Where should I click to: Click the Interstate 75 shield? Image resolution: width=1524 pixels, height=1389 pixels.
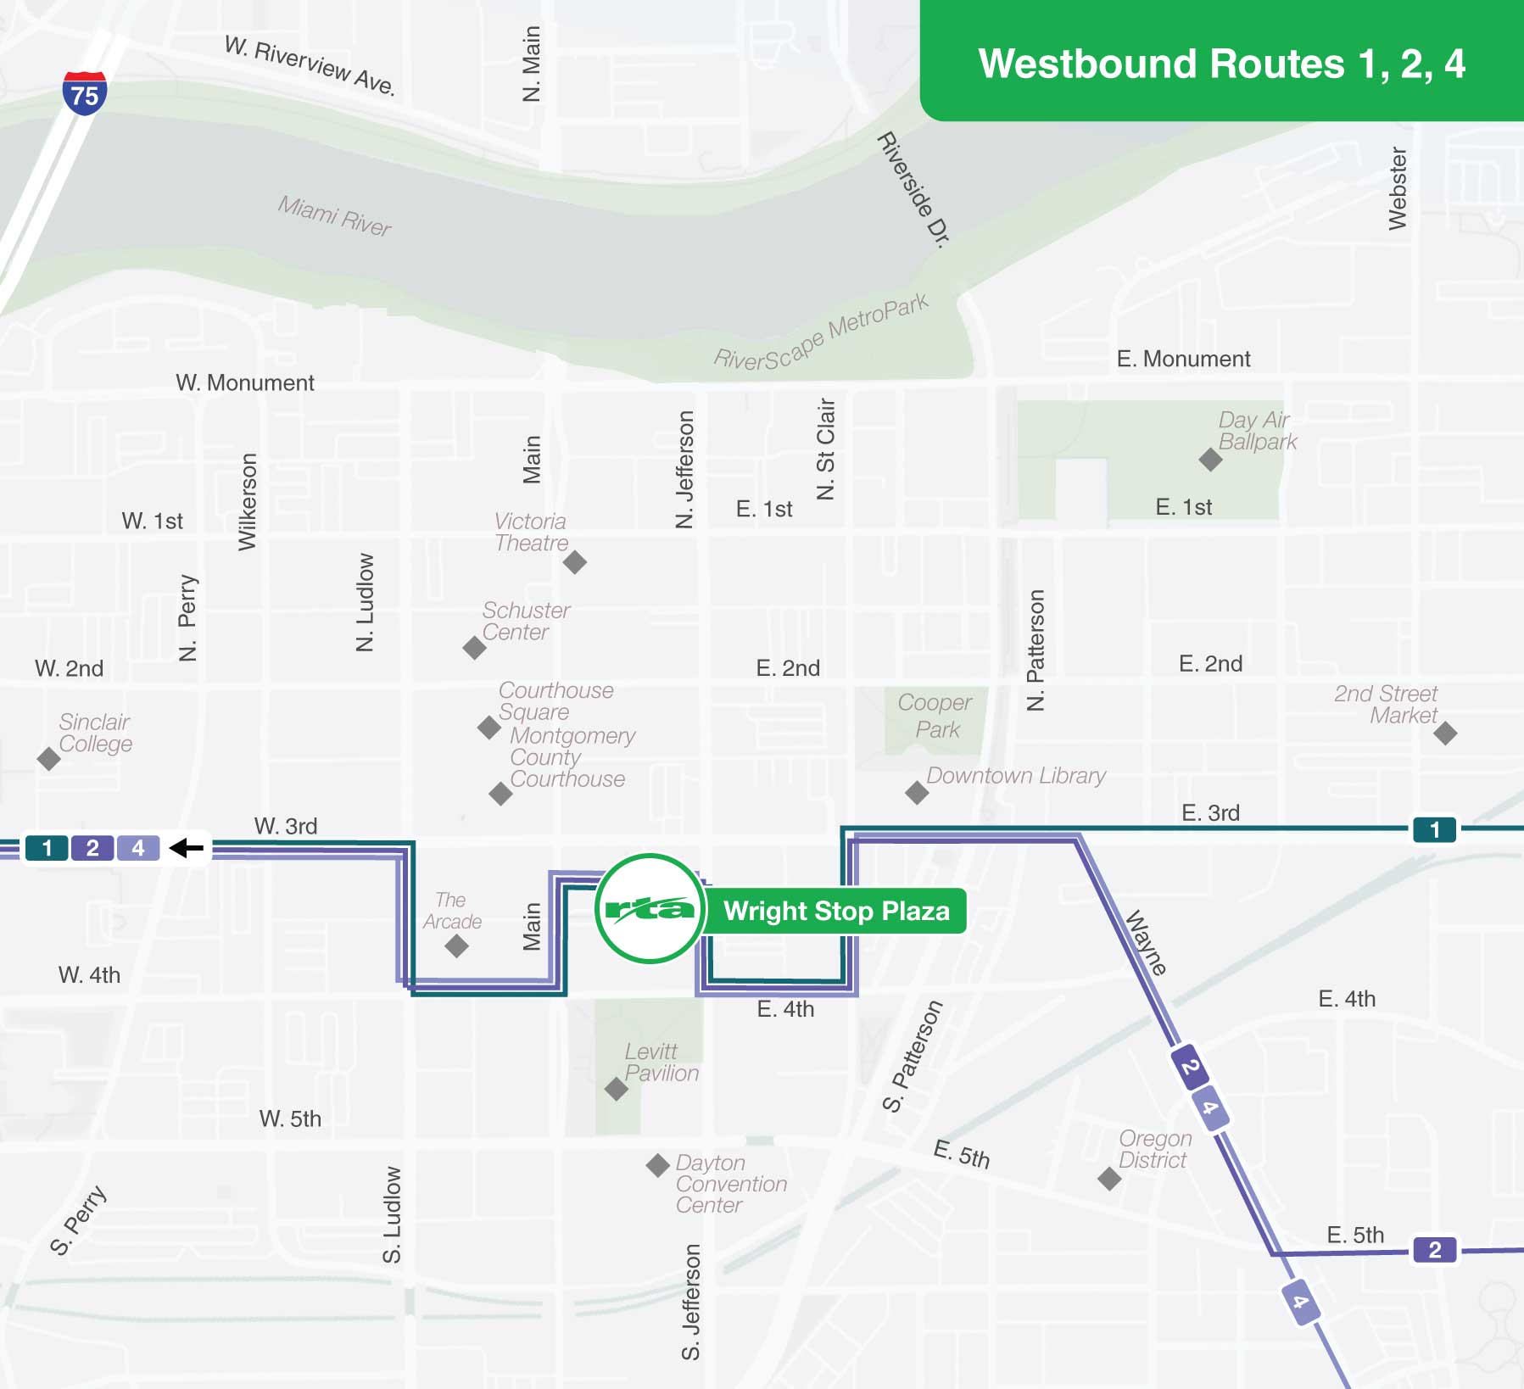(84, 93)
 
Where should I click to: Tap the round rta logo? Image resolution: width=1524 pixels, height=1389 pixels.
(650, 908)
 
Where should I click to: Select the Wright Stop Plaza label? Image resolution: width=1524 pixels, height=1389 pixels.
(835, 911)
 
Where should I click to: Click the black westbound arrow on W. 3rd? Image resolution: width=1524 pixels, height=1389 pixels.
(187, 847)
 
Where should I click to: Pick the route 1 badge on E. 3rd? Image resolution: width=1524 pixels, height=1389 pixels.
(1434, 829)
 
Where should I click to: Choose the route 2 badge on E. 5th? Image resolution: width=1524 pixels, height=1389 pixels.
(1434, 1249)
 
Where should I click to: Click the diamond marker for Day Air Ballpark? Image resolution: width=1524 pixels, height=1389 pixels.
(1210, 460)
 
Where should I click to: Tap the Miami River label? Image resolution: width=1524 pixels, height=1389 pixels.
(334, 215)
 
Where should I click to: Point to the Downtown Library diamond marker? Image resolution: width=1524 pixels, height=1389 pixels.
(917, 793)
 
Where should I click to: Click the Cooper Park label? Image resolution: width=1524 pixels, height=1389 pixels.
(935, 716)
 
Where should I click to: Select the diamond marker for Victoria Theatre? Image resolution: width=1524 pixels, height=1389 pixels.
(575, 561)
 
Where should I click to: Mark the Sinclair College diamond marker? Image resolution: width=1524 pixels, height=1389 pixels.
(49, 758)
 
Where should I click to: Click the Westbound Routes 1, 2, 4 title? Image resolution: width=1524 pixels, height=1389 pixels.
(1221, 64)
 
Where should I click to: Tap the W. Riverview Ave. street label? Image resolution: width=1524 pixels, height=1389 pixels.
(310, 66)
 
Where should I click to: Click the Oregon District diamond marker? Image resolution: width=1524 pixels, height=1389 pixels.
(1109, 1178)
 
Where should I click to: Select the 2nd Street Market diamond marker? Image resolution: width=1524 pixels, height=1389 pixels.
(1445, 733)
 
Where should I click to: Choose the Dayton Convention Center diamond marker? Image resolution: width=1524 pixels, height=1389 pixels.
(657, 1164)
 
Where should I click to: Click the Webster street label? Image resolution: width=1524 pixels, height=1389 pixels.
(1398, 188)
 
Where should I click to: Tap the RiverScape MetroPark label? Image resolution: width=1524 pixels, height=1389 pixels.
(821, 333)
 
